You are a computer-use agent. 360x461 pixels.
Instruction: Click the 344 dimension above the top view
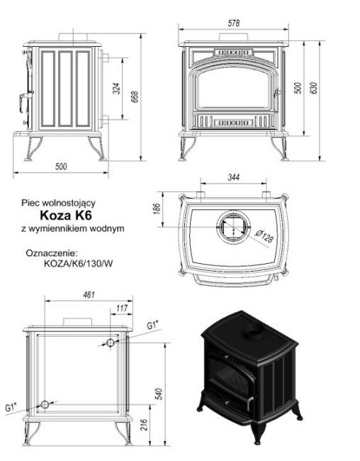pyautogui.click(x=232, y=177)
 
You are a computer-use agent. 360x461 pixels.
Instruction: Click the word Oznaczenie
pyautogui.click(x=51, y=252)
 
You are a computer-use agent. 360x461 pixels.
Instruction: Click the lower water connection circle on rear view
pyautogui.click(x=46, y=404)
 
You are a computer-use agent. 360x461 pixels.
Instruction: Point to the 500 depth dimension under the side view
pyautogui.click(x=60, y=167)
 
